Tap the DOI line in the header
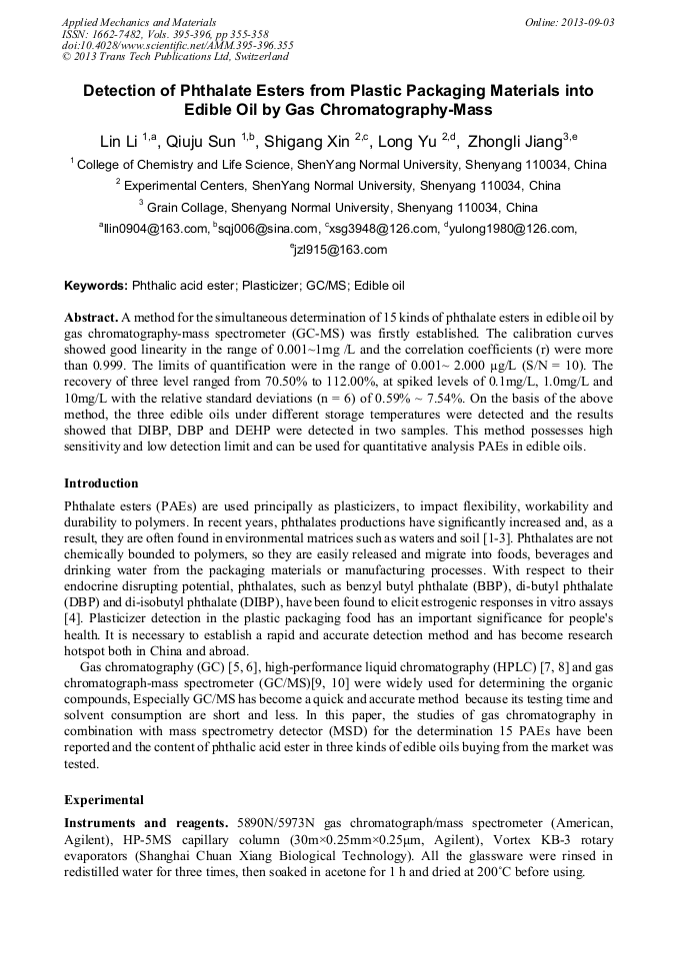pyautogui.click(x=177, y=45)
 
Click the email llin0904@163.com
pyautogui.click(x=155, y=230)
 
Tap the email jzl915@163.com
pyautogui.click(x=339, y=250)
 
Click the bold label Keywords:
pyautogui.click(x=96, y=286)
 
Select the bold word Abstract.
pyautogui.click(x=90, y=316)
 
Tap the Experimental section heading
pyautogui.click(x=104, y=800)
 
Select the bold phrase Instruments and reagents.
pyautogui.click(x=148, y=822)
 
